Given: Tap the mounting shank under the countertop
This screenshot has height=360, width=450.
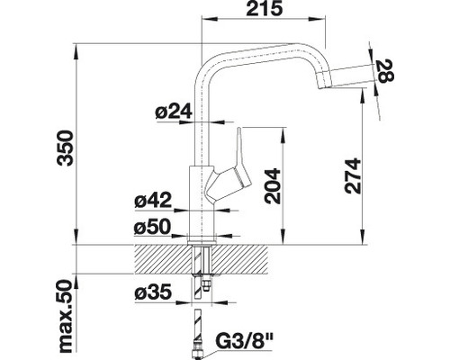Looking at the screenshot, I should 199,270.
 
